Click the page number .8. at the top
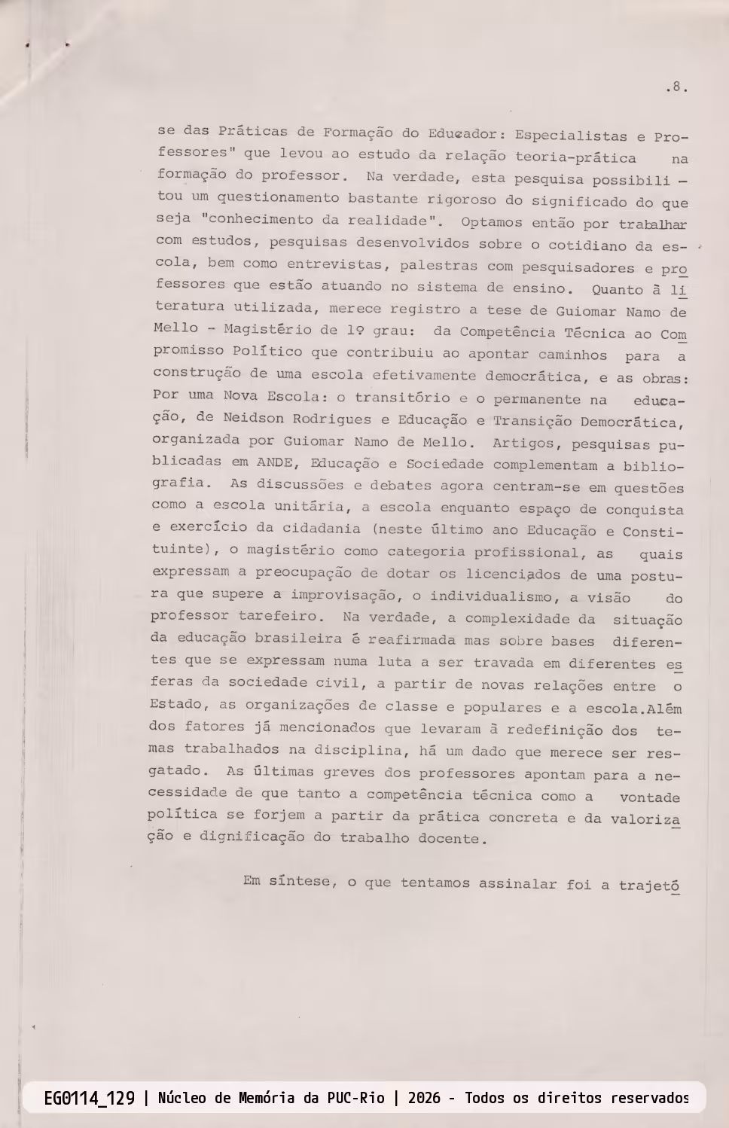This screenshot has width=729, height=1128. click(x=676, y=87)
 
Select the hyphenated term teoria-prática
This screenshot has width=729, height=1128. click(x=575, y=157)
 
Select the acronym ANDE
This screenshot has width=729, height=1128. click(x=274, y=462)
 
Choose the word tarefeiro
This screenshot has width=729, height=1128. click(x=281, y=616)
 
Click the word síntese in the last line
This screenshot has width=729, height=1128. click(x=299, y=880)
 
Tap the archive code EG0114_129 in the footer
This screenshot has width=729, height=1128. click(x=89, y=1098)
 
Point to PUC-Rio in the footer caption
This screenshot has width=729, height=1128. click(x=355, y=1098)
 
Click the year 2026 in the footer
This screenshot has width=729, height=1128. click(x=424, y=1098)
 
